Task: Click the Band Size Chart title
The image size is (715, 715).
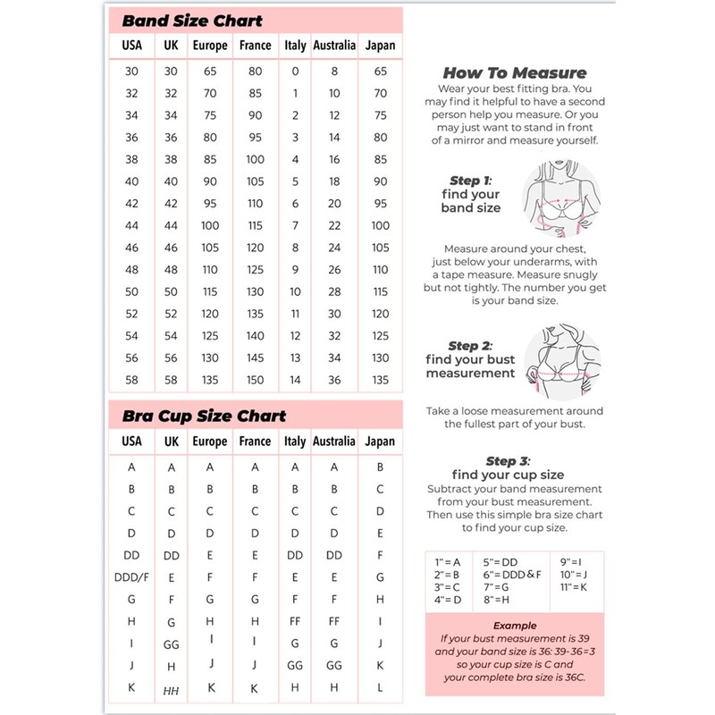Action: (x=191, y=20)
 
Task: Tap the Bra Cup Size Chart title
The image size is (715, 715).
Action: (x=204, y=416)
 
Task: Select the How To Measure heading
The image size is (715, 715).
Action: (x=514, y=73)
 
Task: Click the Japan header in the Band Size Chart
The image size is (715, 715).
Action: (x=380, y=45)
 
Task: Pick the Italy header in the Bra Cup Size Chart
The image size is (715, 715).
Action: (x=295, y=442)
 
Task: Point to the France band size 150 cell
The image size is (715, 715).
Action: (x=256, y=380)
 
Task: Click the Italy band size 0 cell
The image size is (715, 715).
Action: (x=295, y=71)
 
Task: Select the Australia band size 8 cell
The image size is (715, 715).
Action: (x=334, y=71)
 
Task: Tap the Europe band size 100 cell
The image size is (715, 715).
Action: (x=210, y=225)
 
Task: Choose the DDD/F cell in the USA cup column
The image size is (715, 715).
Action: (x=131, y=576)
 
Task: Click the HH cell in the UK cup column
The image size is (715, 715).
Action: (x=172, y=690)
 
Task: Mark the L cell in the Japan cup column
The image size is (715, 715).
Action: (x=380, y=688)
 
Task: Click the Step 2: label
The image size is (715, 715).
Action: (x=470, y=346)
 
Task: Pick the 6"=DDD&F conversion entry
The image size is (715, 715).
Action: (x=511, y=575)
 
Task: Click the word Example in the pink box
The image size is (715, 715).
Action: (x=514, y=627)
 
